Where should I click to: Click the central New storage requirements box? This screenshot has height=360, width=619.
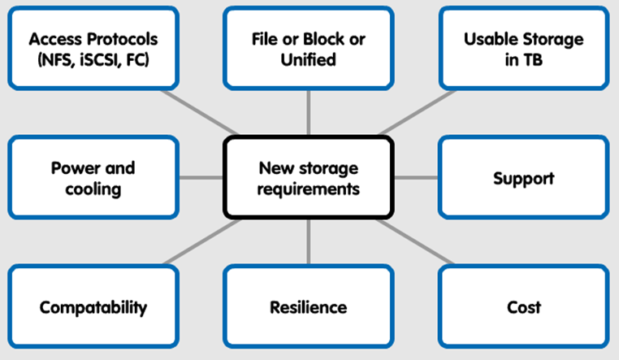pos(309,177)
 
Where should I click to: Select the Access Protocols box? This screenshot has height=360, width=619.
pos(93,48)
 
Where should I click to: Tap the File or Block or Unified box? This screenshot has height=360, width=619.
pos(309,48)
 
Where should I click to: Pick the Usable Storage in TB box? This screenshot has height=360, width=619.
pos(524,48)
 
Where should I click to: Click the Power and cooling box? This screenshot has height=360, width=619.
pos(93,177)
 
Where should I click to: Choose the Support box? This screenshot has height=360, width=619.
pos(524,177)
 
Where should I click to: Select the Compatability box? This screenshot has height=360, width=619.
pos(93,306)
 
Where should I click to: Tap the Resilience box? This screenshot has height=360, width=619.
pos(309,306)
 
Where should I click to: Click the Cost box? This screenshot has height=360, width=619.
pos(524,306)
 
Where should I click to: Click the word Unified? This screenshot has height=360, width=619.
pos(309,59)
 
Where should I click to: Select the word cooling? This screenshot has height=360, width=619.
pos(93,189)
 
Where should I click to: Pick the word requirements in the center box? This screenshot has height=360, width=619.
pos(309,189)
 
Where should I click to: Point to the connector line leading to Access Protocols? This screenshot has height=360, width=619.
pos(199,111)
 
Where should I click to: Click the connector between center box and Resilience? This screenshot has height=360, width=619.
pos(309,241)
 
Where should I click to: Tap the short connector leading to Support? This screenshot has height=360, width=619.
pos(417,177)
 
